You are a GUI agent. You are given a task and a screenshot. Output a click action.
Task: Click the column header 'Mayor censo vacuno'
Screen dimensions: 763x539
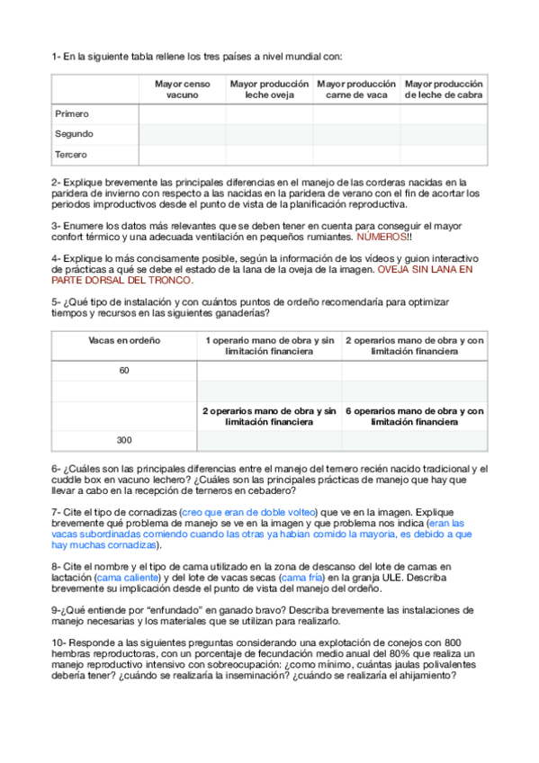tap(183, 88)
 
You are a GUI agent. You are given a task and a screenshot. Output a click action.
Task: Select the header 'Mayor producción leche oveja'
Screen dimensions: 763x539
tap(269, 88)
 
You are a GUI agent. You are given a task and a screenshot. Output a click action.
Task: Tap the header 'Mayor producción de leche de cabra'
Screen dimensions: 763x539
tap(444, 88)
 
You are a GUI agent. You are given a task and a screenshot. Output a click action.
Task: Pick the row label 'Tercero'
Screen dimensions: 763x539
tap(71, 155)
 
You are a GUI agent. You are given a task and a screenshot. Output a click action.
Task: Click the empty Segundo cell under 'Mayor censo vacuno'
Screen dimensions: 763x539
tap(183, 134)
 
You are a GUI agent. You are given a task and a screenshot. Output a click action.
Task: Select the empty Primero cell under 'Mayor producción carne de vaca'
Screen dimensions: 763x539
tap(356, 114)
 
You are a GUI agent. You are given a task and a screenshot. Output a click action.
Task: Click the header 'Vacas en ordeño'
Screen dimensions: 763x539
tap(124, 341)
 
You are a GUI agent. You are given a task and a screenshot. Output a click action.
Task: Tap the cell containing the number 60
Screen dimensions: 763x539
tap(124, 370)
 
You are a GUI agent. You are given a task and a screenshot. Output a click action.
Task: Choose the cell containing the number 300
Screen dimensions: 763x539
tap(124, 440)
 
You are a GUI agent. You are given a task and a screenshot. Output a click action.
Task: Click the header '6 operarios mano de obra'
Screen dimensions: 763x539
tap(415, 416)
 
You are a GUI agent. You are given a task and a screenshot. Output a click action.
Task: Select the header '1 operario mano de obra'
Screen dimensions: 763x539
tap(269, 346)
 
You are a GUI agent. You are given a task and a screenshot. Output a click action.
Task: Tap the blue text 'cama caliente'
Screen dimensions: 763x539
tap(124, 578)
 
